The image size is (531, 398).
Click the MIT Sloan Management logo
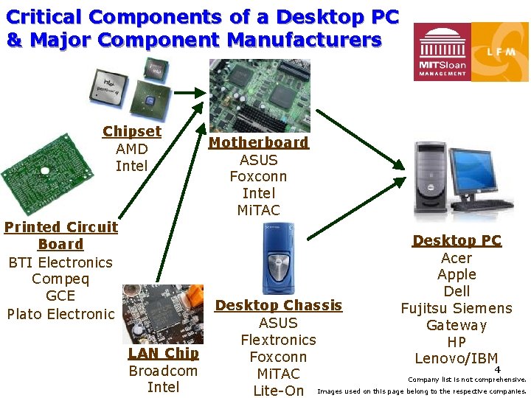pos(442,52)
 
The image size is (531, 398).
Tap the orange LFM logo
pos(499,52)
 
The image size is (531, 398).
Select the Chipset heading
pos(132,132)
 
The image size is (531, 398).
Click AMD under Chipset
pos(132,149)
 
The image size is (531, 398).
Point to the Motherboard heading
pos(258,142)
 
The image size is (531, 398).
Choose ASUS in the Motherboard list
pos(258,159)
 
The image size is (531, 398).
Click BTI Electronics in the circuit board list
pos(60,262)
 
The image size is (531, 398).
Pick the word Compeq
pos(60,279)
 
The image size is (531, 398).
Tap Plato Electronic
pos(60,314)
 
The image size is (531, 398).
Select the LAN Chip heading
pos(163,353)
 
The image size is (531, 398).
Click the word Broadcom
pos(163,371)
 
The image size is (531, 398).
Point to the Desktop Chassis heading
pos(278,305)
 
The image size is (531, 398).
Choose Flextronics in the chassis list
pos(278,340)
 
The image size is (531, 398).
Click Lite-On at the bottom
pos(278,391)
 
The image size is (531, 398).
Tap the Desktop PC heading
pos(457,240)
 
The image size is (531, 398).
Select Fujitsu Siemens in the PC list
pos(457,308)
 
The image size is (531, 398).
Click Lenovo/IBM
pos(457,359)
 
